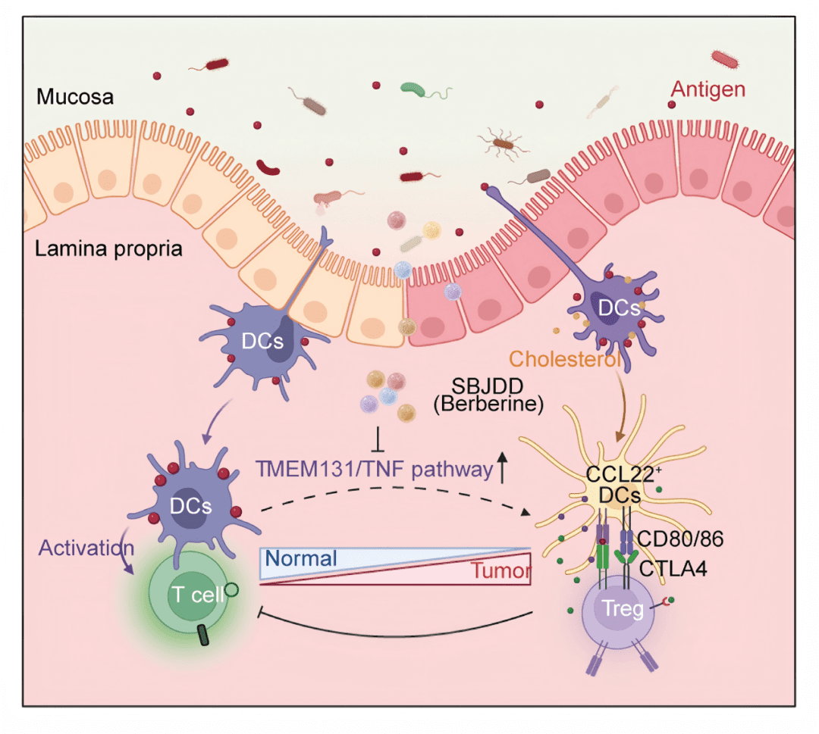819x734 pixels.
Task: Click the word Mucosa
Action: tap(74, 98)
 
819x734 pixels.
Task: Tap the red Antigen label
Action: tap(707, 91)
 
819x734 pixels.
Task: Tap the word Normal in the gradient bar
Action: tap(301, 559)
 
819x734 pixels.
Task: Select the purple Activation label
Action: tap(86, 547)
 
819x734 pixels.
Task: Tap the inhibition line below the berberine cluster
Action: tap(378, 439)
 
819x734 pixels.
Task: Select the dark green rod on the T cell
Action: tap(204, 636)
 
